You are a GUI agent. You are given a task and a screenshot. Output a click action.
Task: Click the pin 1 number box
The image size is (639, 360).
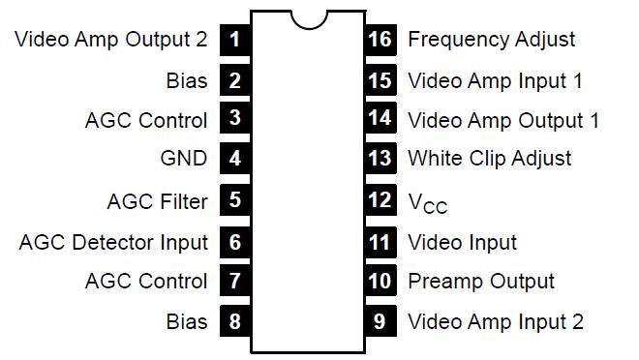click(235, 40)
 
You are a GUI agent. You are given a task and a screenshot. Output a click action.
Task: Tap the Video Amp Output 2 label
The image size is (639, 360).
click(112, 40)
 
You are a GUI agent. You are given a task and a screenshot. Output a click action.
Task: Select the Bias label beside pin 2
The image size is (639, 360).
click(187, 80)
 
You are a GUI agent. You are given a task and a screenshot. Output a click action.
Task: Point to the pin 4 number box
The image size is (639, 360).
click(235, 159)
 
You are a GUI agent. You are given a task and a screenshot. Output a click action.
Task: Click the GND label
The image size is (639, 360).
click(183, 159)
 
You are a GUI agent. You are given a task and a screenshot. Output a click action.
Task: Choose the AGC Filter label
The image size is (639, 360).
click(157, 201)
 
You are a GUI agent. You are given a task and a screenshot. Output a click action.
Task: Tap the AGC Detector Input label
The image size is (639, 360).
click(113, 242)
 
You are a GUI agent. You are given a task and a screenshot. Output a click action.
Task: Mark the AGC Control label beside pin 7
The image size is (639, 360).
click(146, 282)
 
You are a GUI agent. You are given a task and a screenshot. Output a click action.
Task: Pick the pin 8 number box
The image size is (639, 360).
click(235, 321)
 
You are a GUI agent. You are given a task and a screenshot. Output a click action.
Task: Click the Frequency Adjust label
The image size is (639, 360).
click(491, 40)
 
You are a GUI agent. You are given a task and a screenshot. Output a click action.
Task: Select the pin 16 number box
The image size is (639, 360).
click(380, 40)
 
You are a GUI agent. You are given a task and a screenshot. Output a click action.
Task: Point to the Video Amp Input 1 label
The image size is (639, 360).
click(495, 80)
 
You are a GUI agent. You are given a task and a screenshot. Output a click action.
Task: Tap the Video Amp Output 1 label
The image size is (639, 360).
click(503, 120)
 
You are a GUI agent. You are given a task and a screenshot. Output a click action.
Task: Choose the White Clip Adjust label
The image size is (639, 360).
click(490, 159)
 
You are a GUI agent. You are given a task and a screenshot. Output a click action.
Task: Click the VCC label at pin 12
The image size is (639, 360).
click(427, 202)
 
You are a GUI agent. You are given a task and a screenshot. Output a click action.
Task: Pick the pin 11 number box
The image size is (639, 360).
click(380, 242)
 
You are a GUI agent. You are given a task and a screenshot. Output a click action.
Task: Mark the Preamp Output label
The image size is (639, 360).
click(481, 282)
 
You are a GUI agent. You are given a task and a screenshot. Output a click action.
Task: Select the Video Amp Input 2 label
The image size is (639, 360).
click(496, 321)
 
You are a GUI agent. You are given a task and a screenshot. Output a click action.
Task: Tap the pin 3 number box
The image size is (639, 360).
click(235, 120)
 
